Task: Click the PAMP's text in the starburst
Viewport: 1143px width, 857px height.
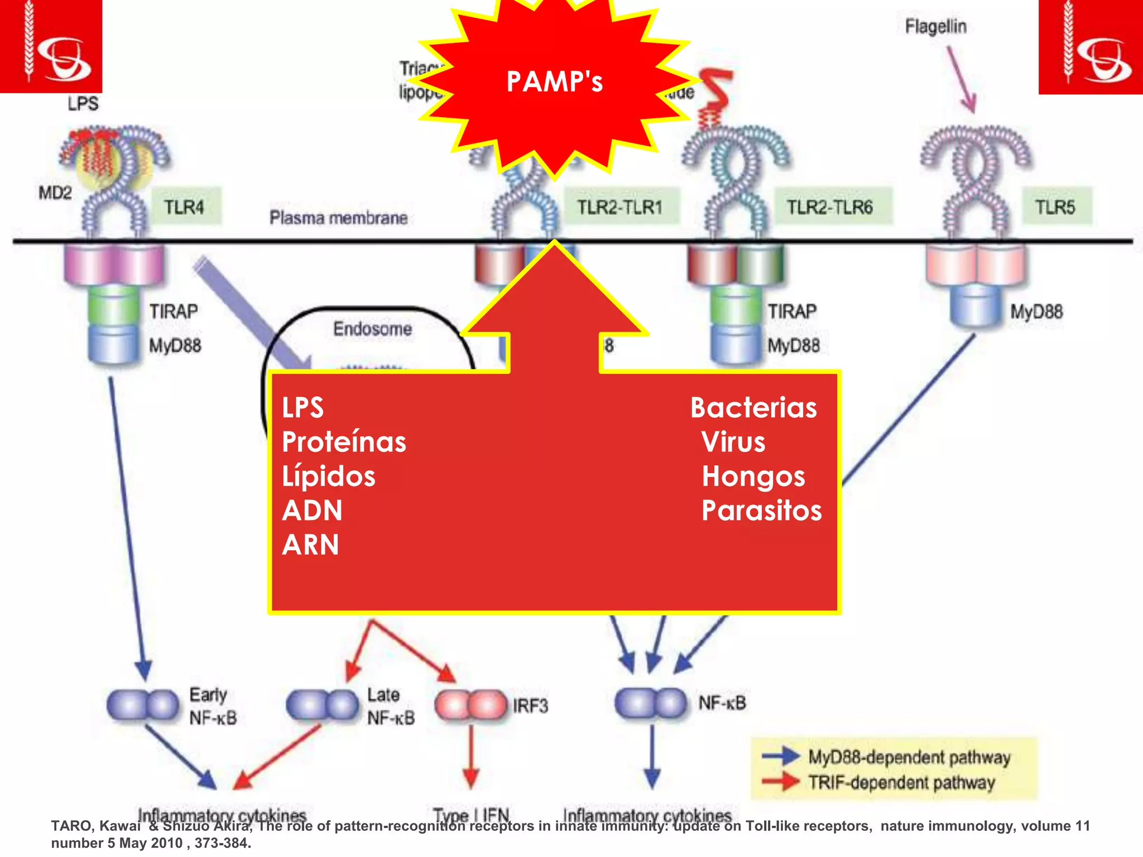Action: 554,82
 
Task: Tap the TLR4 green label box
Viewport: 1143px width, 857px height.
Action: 185,207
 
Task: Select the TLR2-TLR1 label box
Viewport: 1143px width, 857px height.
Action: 620,207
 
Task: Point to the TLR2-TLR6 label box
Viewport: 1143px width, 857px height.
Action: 830,207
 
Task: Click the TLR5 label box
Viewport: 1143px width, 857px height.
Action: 1055,207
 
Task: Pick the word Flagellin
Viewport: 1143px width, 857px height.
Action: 935,26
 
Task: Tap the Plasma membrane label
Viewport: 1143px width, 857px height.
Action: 338,218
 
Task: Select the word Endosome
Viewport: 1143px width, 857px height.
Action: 372,329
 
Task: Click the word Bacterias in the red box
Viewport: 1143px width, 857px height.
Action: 753,408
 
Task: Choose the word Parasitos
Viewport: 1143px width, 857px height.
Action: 761,511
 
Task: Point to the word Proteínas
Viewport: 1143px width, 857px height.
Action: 344,442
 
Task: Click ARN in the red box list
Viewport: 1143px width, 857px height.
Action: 310,545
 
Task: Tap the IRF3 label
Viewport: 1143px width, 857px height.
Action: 530,706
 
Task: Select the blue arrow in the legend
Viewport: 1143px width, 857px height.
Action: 781,756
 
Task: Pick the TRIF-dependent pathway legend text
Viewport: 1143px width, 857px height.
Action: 901,782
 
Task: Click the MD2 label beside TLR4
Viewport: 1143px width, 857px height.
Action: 55,193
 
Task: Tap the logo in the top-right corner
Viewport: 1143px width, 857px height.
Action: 1090,47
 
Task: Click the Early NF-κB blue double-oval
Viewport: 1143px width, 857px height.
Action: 143,705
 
